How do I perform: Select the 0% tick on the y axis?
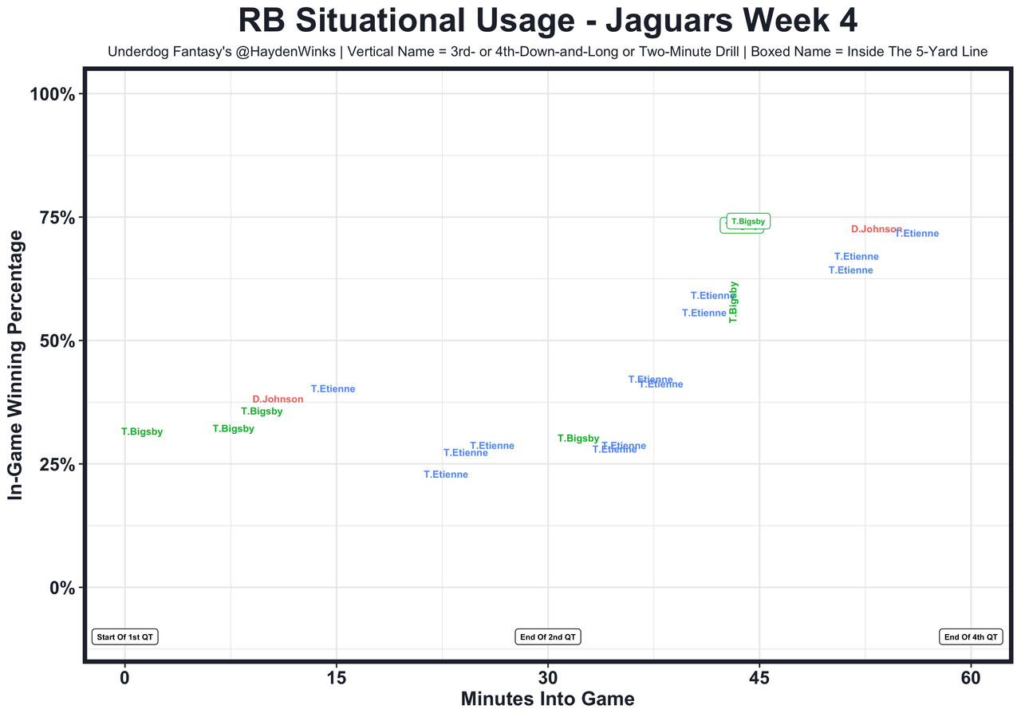tap(61, 588)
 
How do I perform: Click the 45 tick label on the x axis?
tap(759, 677)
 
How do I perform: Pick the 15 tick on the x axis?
tap(336, 677)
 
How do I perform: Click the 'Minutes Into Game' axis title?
tap(547, 699)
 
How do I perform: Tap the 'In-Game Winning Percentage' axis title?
tap(16, 366)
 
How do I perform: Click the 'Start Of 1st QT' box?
tap(125, 636)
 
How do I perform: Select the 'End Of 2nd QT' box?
tap(548, 636)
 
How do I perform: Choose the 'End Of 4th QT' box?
tap(970, 636)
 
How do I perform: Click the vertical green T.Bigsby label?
tap(733, 301)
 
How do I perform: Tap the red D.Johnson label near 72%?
tap(876, 229)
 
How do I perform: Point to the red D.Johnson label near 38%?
tap(278, 400)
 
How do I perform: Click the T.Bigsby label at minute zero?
tap(142, 432)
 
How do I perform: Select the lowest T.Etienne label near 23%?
tap(446, 475)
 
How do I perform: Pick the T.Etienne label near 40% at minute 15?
tap(333, 389)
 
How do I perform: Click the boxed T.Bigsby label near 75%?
tap(748, 222)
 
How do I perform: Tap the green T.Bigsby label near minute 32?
tap(578, 439)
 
